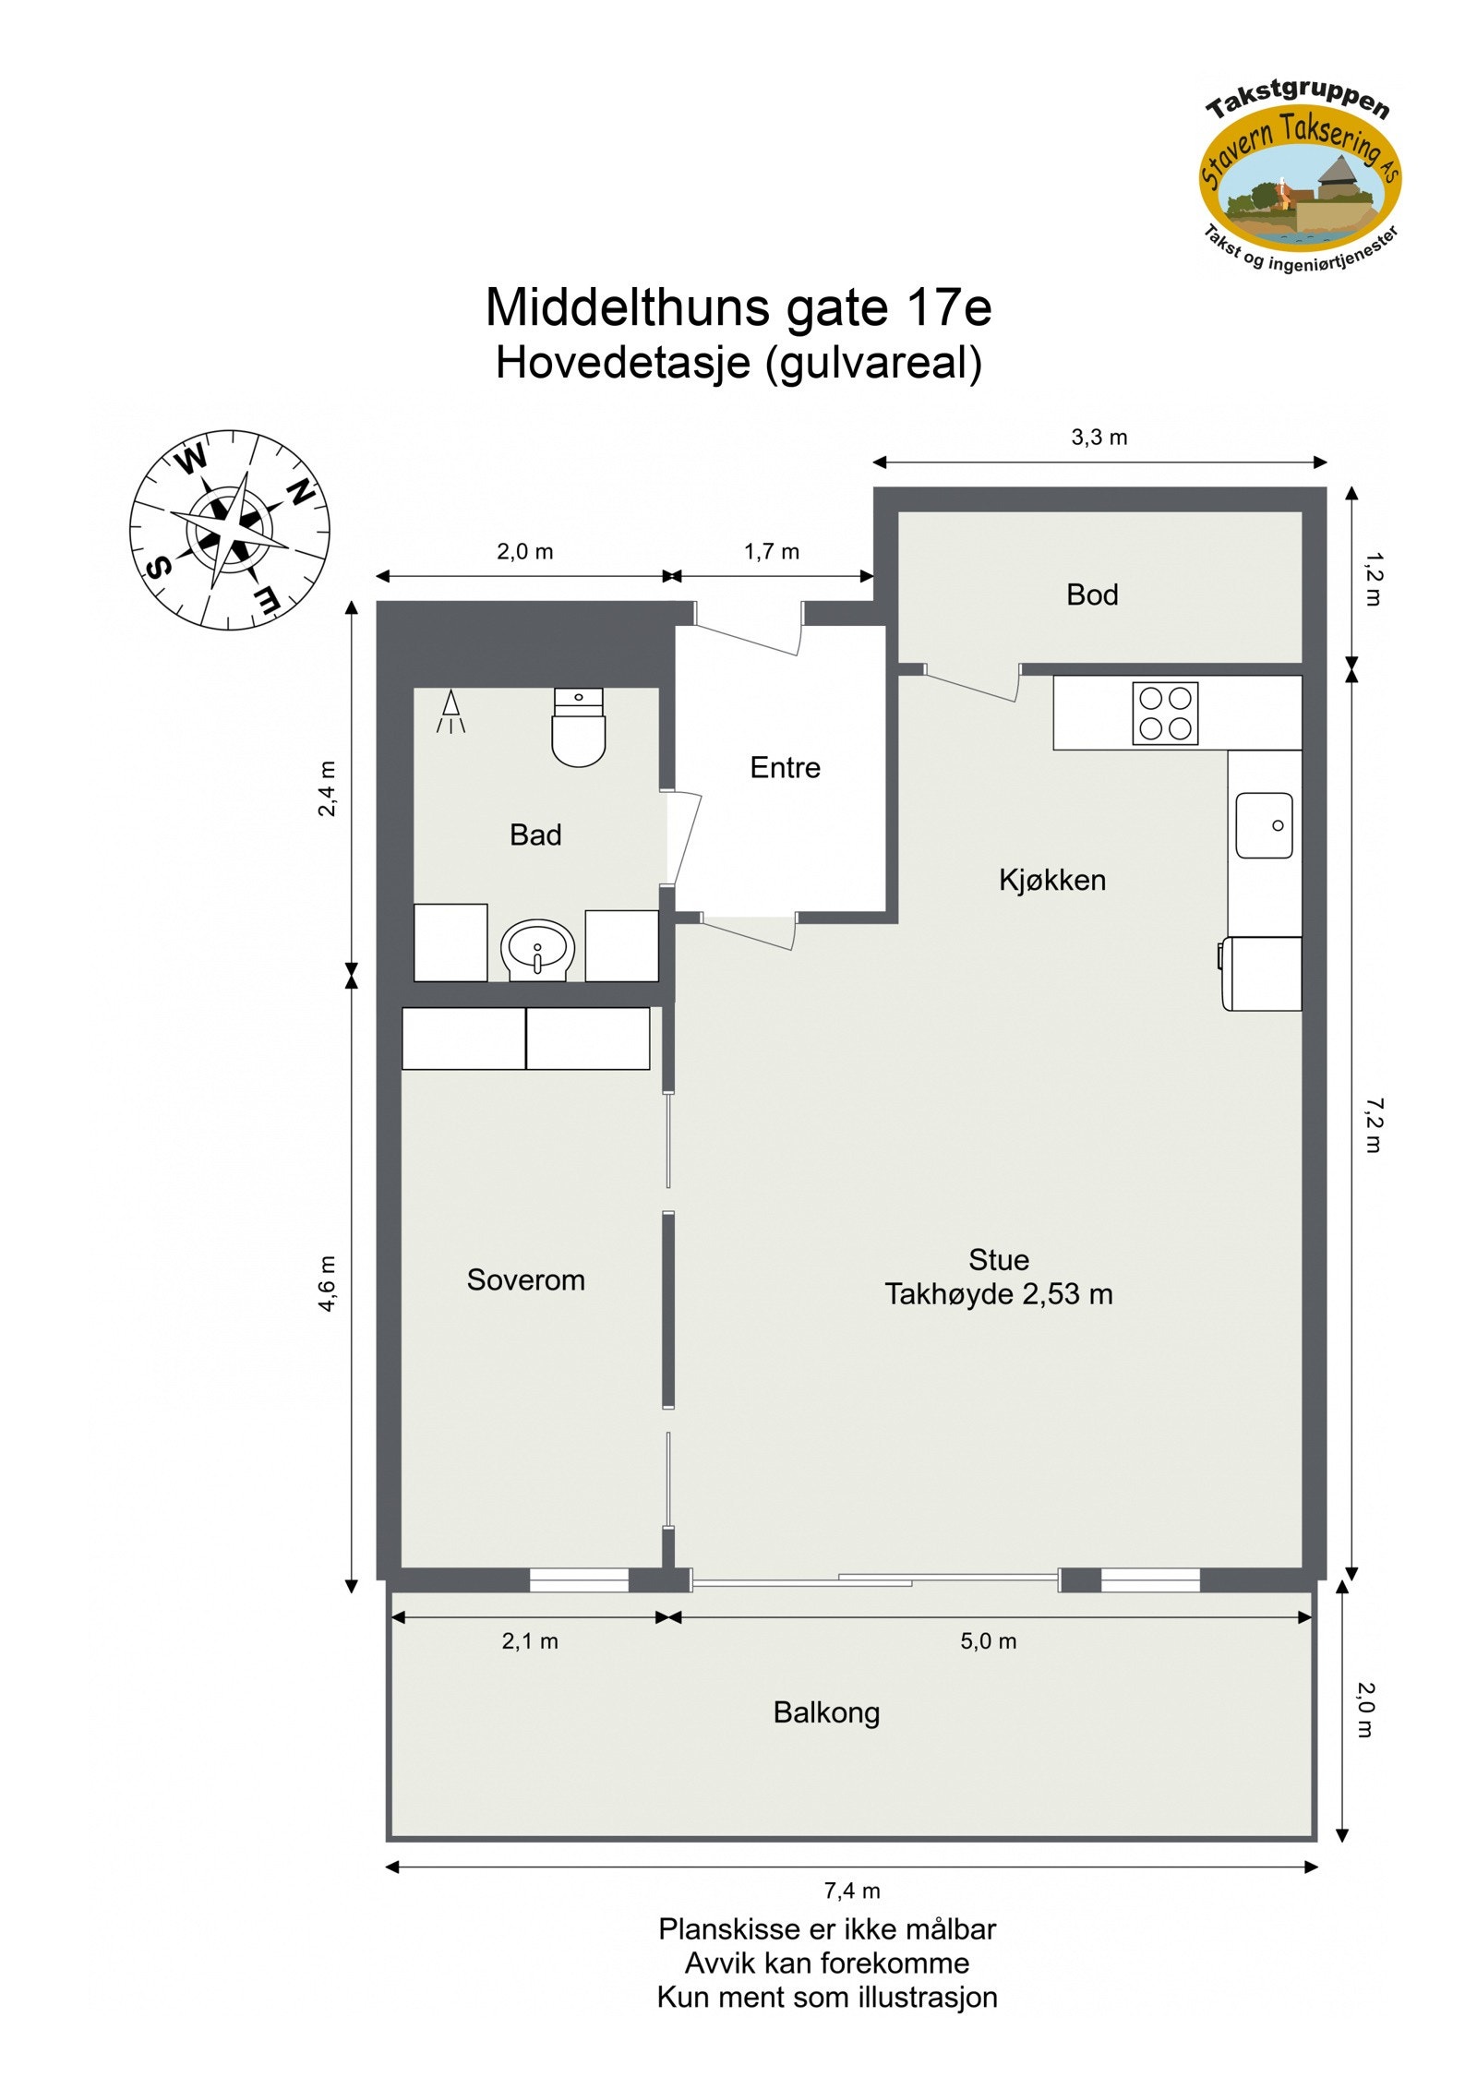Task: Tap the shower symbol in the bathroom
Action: pos(450,712)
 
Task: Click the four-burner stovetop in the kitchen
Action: pos(1165,714)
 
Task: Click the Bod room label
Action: pos(1091,594)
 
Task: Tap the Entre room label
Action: pos(785,767)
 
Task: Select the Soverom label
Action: pos(525,1279)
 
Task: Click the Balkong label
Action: pos(826,1712)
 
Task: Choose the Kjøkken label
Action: pos(1051,880)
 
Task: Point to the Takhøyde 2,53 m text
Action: pos(998,1294)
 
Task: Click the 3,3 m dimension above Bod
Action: pos(1099,438)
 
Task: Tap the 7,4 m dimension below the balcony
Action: pos(851,1891)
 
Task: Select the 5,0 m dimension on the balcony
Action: pos(988,1641)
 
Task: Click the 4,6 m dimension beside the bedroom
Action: pos(329,1283)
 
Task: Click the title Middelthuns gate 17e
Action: pos(738,307)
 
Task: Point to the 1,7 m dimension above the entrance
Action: pos(771,552)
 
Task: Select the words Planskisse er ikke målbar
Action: pos(826,1929)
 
